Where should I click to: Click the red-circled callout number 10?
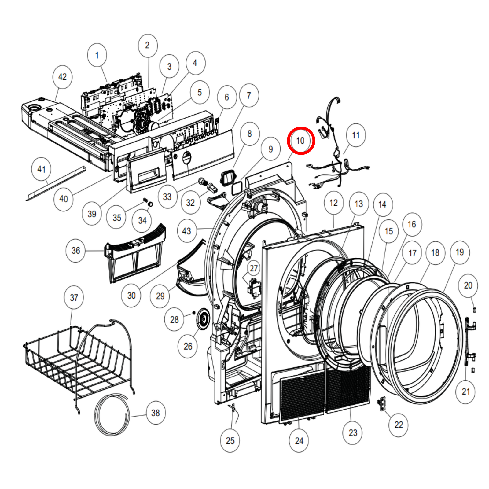(x=301, y=141)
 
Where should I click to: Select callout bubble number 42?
(x=62, y=77)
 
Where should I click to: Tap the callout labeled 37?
(x=74, y=297)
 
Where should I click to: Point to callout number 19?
(x=460, y=252)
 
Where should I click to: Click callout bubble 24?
(x=299, y=440)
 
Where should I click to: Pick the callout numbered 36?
(x=75, y=251)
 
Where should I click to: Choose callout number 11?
(x=356, y=135)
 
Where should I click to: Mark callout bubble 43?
(x=186, y=231)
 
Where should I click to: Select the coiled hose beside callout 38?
(x=112, y=414)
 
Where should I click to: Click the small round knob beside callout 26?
(x=203, y=319)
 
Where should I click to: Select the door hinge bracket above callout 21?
(x=470, y=339)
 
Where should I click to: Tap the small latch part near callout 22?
(x=382, y=403)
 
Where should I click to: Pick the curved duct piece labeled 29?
(x=189, y=281)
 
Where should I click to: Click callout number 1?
(x=97, y=55)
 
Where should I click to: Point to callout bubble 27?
(x=254, y=268)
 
